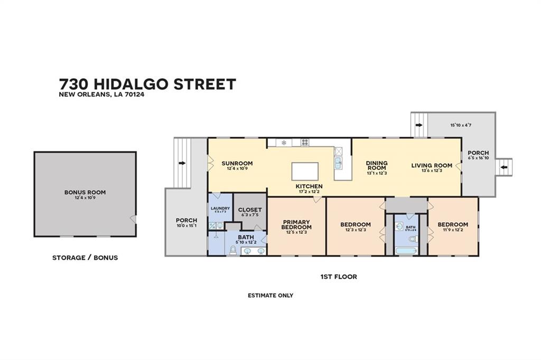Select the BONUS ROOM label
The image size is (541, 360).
(85, 192)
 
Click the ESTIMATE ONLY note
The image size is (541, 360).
(270, 296)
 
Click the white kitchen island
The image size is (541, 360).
(305, 172)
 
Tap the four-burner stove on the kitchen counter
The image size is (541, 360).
(305, 142)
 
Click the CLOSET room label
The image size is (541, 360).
(250, 210)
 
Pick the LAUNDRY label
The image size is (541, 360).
(220, 209)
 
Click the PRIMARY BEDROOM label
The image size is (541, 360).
(296, 224)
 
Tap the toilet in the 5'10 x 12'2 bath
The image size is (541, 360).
(233, 250)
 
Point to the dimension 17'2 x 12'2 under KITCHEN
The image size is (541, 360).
(309, 192)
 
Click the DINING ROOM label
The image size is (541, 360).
(377, 166)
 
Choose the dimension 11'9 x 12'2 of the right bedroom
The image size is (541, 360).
(453, 230)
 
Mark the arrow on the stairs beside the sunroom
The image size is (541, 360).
(182, 163)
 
